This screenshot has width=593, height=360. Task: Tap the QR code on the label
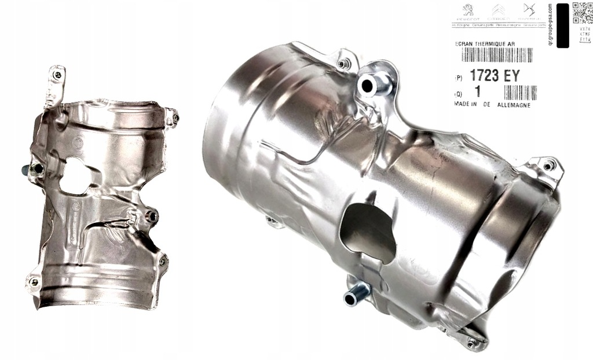click(582, 12)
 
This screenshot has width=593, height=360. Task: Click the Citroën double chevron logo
click(498, 10)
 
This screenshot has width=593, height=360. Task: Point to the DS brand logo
click(528, 10)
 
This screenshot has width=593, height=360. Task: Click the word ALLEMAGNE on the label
click(514, 105)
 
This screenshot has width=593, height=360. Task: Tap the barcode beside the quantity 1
click(520, 93)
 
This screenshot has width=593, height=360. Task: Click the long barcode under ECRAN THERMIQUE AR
click(496, 56)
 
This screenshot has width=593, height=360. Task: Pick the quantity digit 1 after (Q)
click(478, 92)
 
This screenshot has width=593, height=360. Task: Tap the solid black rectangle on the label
click(562, 25)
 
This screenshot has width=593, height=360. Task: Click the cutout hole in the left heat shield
click(76, 176)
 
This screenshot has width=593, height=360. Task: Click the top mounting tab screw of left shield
click(57, 75)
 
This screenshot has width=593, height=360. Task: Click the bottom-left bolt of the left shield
click(34, 282)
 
